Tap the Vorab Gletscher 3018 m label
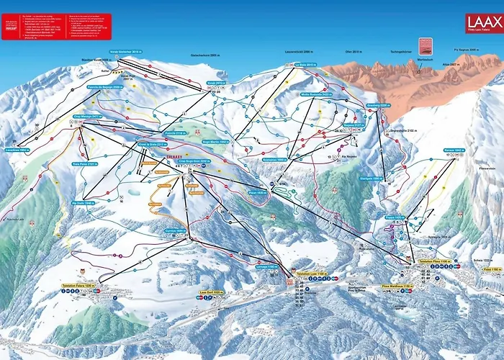point(129,53)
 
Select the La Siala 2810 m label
point(306,64)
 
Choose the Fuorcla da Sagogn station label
point(105,86)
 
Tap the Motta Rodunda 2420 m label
point(315,94)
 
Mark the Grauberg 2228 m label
point(378,105)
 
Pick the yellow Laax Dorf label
point(210,292)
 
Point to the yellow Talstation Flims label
point(435,261)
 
